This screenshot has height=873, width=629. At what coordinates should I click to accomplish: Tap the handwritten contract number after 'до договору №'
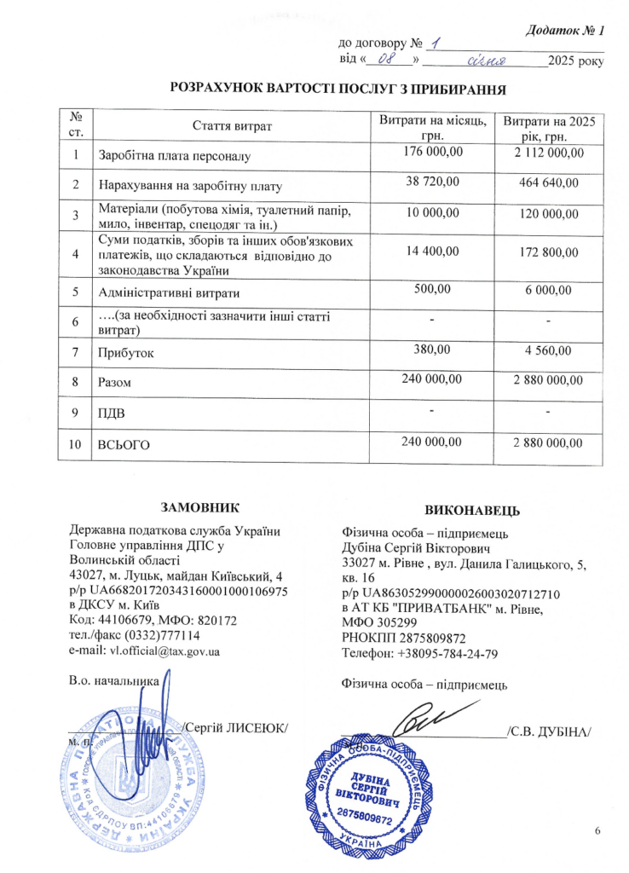(x=436, y=43)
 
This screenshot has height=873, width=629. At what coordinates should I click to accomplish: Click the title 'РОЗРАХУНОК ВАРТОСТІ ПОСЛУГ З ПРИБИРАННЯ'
(x=333, y=89)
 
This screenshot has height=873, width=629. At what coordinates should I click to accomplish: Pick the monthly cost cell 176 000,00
(x=432, y=152)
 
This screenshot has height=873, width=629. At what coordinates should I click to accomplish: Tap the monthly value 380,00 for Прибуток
(x=432, y=348)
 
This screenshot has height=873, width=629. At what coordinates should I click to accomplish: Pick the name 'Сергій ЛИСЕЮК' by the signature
(x=236, y=726)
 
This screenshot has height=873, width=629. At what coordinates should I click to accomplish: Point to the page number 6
(x=597, y=830)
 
